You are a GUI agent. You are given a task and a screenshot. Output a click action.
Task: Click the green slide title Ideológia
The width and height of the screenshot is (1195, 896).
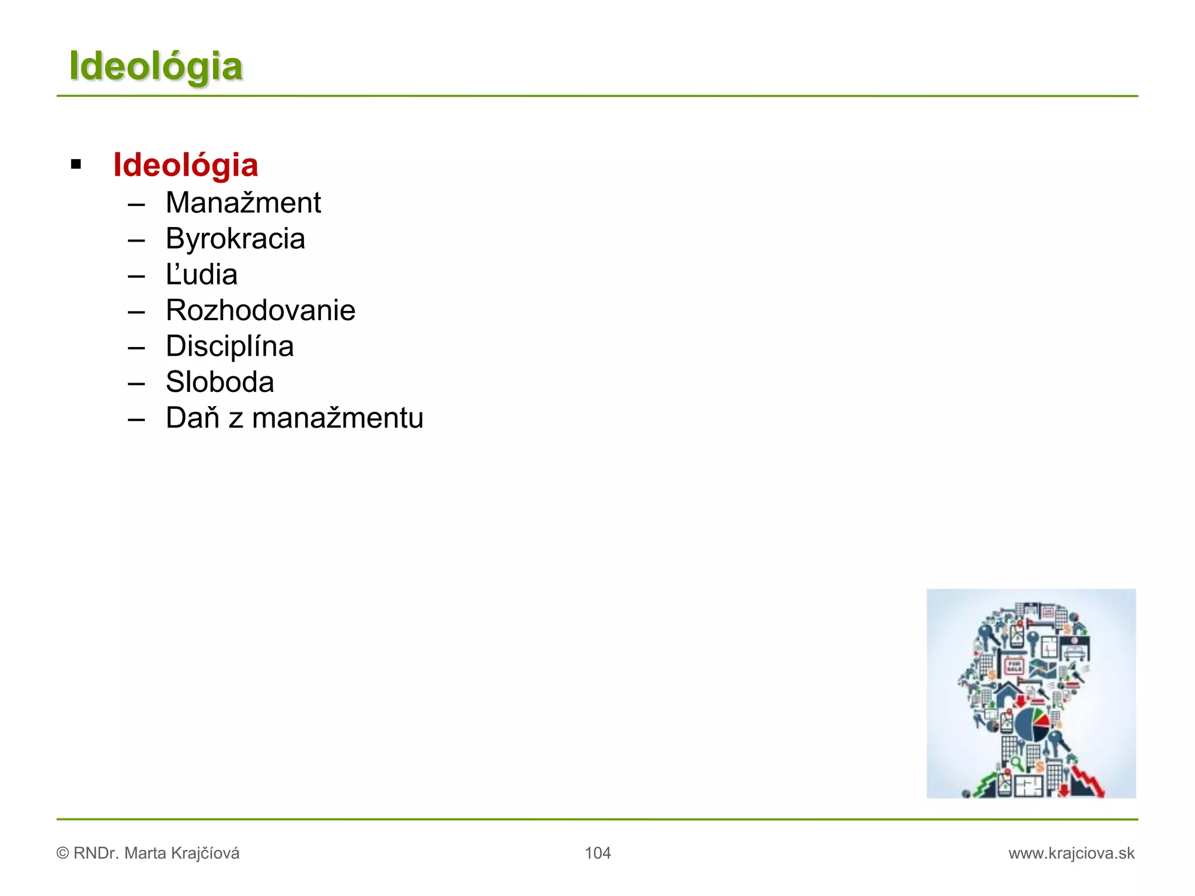pyautogui.click(x=155, y=66)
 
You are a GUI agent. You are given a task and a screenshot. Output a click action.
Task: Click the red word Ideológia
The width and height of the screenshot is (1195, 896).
pyautogui.click(x=186, y=165)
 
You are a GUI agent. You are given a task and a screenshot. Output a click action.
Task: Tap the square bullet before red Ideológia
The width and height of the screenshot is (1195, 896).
pyautogui.click(x=76, y=164)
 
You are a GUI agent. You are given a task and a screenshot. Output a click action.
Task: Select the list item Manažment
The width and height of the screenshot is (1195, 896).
pyautogui.click(x=243, y=203)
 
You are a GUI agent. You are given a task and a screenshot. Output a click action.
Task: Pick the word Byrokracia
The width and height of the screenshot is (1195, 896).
pyautogui.click(x=235, y=239)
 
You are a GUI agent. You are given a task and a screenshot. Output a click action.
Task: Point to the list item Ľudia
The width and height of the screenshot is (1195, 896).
pyautogui.click(x=201, y=275)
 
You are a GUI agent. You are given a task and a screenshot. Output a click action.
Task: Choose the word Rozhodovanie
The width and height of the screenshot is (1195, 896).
pyautogui.click(x=260, y=310)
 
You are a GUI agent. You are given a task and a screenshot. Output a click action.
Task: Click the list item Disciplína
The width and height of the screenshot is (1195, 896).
pyautogui.click(x=229, y=346)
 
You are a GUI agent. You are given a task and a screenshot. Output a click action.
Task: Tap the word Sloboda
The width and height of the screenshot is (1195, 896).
pyautogui.click(x=219, y=383)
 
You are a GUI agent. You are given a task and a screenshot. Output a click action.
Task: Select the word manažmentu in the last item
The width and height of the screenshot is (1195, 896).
pyautogui.click(x=337, y=418)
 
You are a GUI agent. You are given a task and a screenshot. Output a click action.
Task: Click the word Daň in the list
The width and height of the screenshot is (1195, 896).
pyautogui.click(x=192, y=418)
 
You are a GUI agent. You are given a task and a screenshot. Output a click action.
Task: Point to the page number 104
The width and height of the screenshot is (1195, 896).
pyautogui.click(x=597, y=853)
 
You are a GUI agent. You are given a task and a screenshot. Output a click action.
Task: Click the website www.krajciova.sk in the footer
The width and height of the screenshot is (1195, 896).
pyautogui.click(x=1071, y=853)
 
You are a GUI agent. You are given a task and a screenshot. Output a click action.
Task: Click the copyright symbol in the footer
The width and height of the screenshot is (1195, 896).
pyautogui.click(x=62, y=853)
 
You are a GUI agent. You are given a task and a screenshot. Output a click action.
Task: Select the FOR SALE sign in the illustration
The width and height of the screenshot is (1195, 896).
pyautogui.click(x=1014, y=666)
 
